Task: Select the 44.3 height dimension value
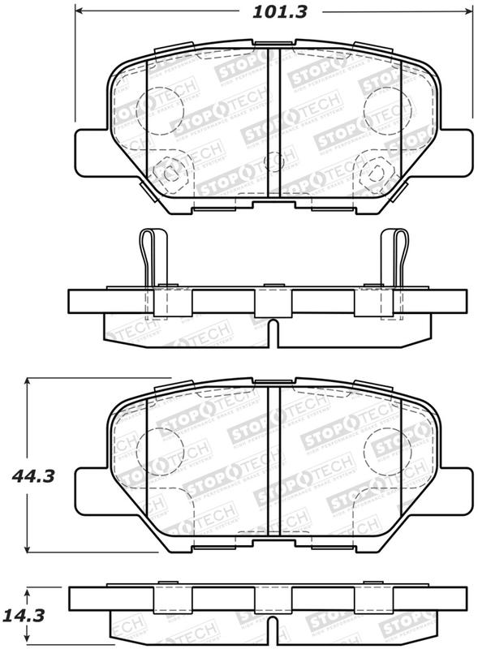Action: tap(35, 476)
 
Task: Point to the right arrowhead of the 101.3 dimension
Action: tap(467, 12)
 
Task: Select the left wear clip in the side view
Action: tap(151, 260)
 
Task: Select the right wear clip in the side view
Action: tap(394, 260)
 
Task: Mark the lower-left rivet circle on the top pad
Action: tap(170, 172)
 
